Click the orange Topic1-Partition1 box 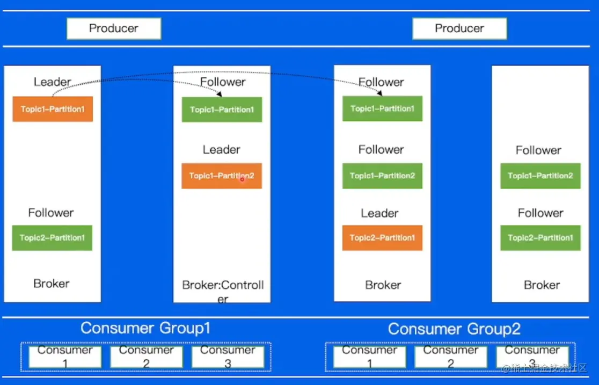53,109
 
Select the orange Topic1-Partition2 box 222,176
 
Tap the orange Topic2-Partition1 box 382,238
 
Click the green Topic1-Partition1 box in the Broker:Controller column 222,110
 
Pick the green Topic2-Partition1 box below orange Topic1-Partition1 52,238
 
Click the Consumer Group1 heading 145,328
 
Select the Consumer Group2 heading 454,329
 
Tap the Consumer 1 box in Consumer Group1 65,357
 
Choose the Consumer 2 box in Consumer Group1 146,357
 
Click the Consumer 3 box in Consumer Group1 228,357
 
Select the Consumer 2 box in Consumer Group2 450,357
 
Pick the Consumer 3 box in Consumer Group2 532,357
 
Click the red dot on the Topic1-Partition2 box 242,179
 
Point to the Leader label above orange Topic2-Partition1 379,213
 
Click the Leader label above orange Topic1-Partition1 52,82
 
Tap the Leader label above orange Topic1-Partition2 221,150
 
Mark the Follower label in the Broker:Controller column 223,82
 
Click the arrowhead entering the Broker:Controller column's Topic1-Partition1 220,94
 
